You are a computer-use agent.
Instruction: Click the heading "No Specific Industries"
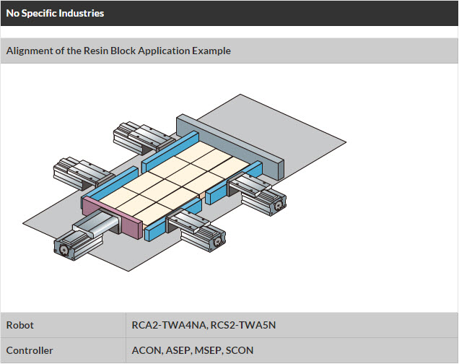pyautogui.click(x=55, y=13)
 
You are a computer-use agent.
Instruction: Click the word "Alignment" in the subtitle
pyautogui.click(x=30, y=51)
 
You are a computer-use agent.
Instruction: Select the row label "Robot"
pyautogui.click(x=20, y=325)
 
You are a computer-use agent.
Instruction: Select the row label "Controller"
pyautogui.click(x=30, y=350)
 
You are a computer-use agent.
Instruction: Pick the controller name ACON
pyautogui.click(x=147, y=350)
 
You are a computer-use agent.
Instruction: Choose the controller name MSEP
pyautogui.click(x=208, y=350)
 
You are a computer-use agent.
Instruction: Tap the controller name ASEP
pyautogui.click(x=177, y=350)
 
